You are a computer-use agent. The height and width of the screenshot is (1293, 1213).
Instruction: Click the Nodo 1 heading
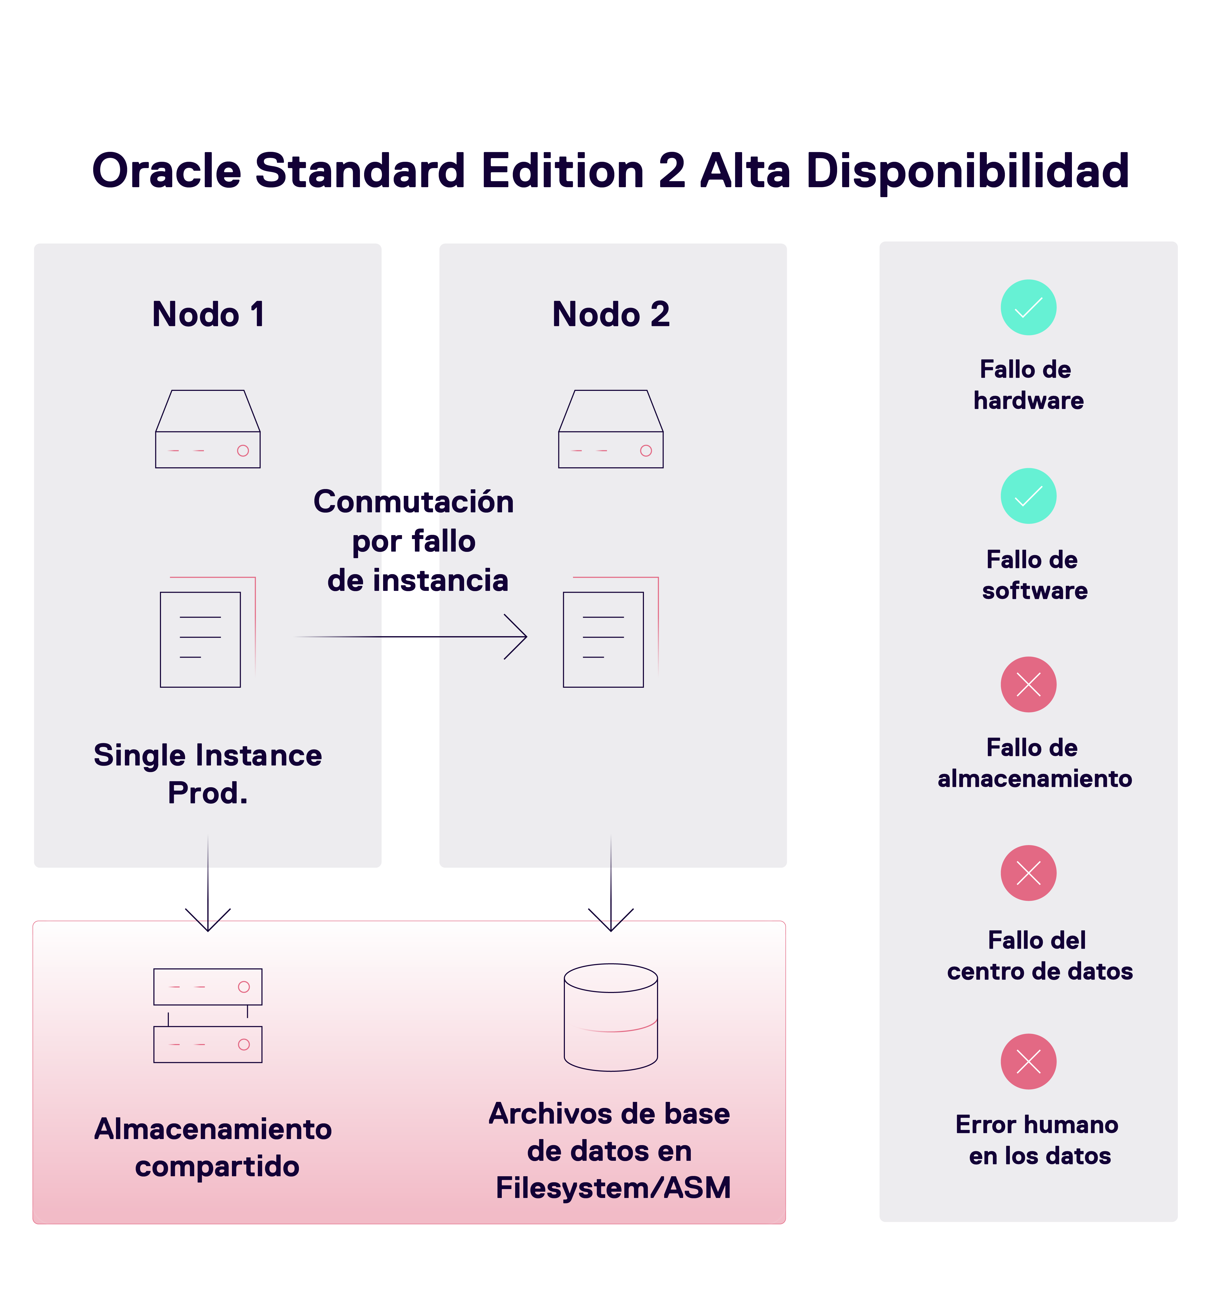[x=208, y=315]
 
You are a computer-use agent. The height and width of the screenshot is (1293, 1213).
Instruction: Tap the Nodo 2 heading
[x=611, y=315]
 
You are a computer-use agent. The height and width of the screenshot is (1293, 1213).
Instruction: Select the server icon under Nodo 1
[x=208, y=429]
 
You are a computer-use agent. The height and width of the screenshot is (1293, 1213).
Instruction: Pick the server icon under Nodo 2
[x=611, y=429]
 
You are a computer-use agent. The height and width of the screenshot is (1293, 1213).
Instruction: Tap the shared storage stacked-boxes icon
[x=208, y=1016]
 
